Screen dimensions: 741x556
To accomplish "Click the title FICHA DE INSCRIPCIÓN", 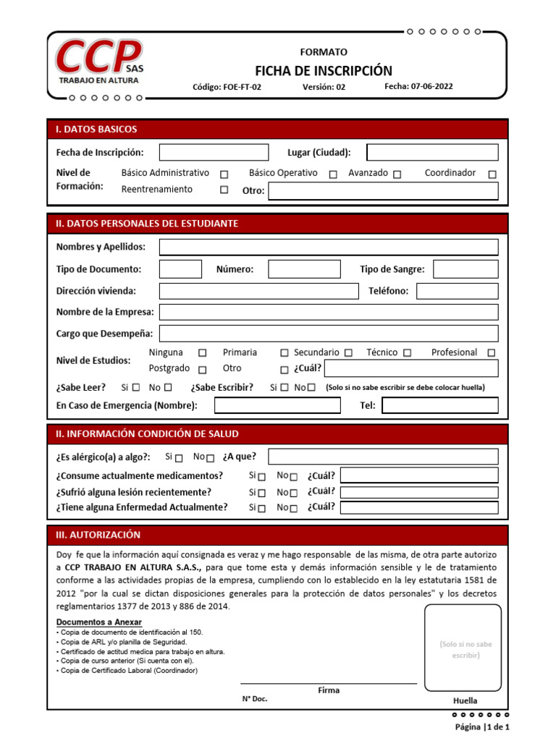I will (x=323, y=70).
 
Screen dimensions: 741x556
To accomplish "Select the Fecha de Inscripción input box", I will (x=213, y=152).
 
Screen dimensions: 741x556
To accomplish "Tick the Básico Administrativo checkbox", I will (x=224, y=174).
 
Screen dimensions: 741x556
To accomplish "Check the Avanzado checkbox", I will (x=397, y=174).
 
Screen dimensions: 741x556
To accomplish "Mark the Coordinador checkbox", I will (x=492, y=174).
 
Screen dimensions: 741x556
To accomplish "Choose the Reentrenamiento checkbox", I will (x=224, y=190).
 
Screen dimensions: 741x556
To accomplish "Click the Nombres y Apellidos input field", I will (x=329, y=247).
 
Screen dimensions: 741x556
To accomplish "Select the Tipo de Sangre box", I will (x=466, y=269).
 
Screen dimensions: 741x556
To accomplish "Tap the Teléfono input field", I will (x=457, y=291).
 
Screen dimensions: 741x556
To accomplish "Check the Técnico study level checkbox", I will (x=407, y=353).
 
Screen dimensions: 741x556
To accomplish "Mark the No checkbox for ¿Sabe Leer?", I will (x=168, y=387).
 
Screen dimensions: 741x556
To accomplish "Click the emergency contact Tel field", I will (x=440, y=405).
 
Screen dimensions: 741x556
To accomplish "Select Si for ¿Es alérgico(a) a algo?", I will (x=179, y=458).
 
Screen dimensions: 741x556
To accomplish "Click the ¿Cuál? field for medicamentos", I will (x=419, y=475).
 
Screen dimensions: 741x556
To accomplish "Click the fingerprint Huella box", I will (x=463, y=647).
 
